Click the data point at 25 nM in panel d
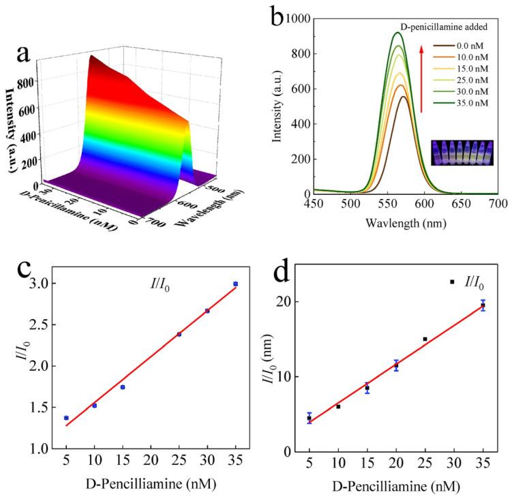point(425,339)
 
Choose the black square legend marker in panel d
point(451,282)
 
